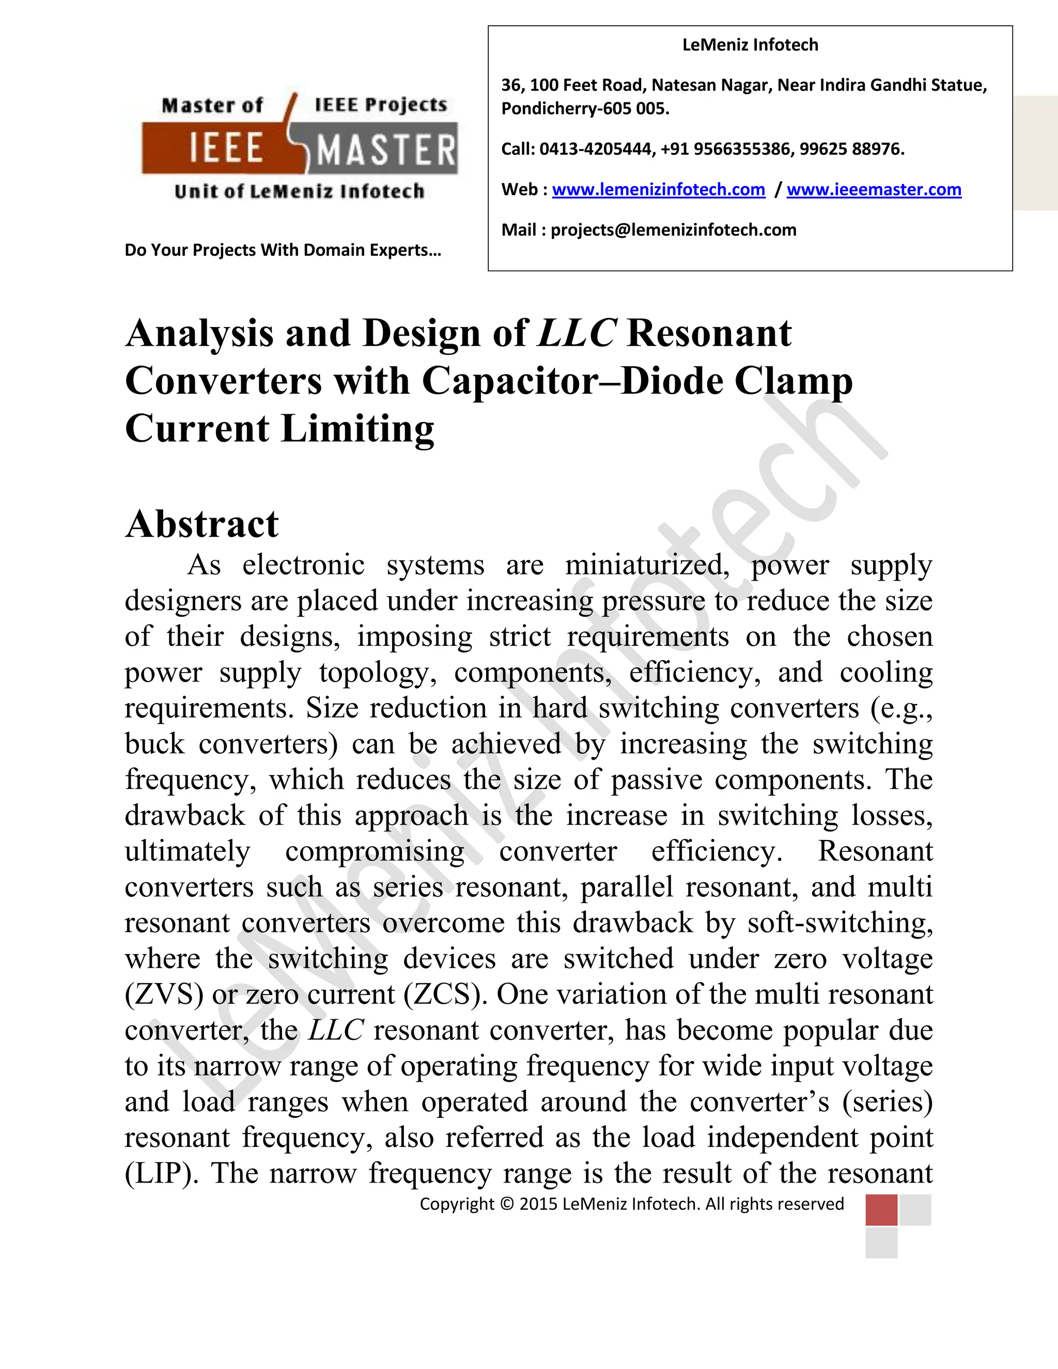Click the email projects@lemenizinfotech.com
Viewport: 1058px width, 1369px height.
(x=673, y=230)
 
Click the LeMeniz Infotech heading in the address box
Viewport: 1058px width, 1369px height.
(x=750, y=45)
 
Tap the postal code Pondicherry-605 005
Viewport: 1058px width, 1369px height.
(x=585, y=108)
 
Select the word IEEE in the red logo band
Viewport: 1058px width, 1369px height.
(x=226, y=149)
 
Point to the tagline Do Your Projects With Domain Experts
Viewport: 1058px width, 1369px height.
(x=283, y=250)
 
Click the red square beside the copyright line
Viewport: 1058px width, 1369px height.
(x=881, y=1210)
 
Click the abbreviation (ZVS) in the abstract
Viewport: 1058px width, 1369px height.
(x=164, y=995)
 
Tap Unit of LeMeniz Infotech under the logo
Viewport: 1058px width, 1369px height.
(x=300, y=191)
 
